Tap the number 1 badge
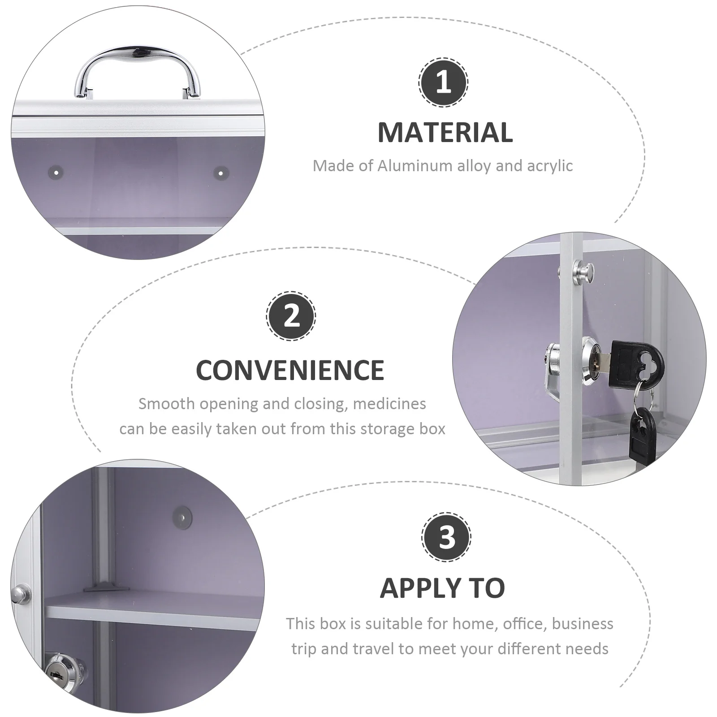[x=443, y=82]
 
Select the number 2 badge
[x=291, y=316]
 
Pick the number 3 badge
[x=446, y=537]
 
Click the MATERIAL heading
[x=445, y=133]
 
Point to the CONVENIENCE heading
[x=290, y=370]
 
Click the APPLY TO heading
[x=442, y=588]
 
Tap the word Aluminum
[x=415, y=166]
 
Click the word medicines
[x=389, y=404]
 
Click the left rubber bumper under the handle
[x=56, y=171]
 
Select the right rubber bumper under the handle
[x=220, y=172]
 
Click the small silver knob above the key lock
[x=583, y=271]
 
